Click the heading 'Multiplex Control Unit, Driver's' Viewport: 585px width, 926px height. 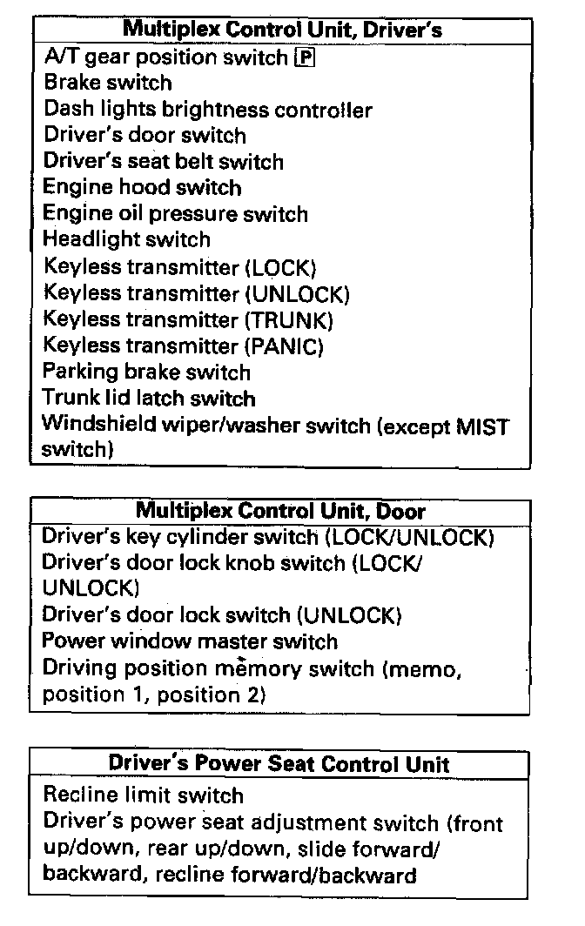click(279, 29)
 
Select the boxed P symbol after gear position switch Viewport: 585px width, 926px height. click(305, 58)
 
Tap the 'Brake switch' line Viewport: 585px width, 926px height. click(108, 84)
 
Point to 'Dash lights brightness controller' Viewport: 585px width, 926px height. click(207, 110)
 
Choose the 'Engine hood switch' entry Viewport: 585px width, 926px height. click(142, 188)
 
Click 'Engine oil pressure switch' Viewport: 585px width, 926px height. click(175, 214)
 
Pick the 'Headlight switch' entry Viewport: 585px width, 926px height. click(126, 239)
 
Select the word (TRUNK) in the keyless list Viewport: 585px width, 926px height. click(290, 320)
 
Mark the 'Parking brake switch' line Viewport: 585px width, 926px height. click(146, 372)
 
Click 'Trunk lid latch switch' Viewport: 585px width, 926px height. click(149, 399)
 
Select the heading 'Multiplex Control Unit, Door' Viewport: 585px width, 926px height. click(280, 510)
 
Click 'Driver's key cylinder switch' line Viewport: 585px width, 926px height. click(268, 537)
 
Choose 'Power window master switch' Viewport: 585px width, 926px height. click(190, 641)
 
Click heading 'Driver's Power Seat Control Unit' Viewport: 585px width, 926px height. click(279, 764)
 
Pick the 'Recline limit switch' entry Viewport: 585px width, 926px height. click(143, 795)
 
